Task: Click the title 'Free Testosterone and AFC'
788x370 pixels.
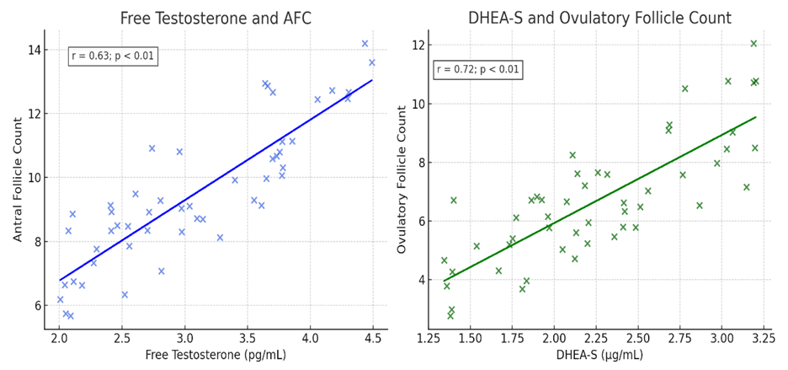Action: pyautogui.click(x=216, y=18)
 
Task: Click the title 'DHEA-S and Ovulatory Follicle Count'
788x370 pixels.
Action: pyautogui.click(x=599, y=18)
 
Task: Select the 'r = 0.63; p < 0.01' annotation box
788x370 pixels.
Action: pyautogui.click(x=113, y=56)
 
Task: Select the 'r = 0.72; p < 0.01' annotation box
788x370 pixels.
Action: pyautogui.click(x=477, y=69)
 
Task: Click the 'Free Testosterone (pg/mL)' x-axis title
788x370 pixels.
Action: pyautogui.click(x=216, y=356)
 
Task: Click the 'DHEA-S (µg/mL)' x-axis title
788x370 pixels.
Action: pyautogui.click(x=599, y=356)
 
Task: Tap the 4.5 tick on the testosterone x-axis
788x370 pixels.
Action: pyautogui.click(x=373, y=339)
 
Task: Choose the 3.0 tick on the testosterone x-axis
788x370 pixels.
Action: pyautogui.click(x=184, y=339)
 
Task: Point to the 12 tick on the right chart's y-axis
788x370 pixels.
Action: pyautogui.click(x=415, y=45)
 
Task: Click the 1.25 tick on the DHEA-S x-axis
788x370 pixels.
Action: pyautogui.click(x=429, y=339)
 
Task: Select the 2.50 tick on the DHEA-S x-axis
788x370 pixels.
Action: pyautogui.click(x=637, y=339)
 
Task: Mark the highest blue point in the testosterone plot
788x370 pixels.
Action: pyautogui.click(x=365, y=44)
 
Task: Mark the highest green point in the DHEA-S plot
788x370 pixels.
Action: pyautogui.click(x=753, y=44)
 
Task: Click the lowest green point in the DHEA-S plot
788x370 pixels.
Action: pyautogui.click(x=450, y=316)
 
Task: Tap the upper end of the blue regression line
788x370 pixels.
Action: pyautogui.click(x=372, y=80)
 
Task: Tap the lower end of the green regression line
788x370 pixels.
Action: pyautogui.click(x=445, y=281)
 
